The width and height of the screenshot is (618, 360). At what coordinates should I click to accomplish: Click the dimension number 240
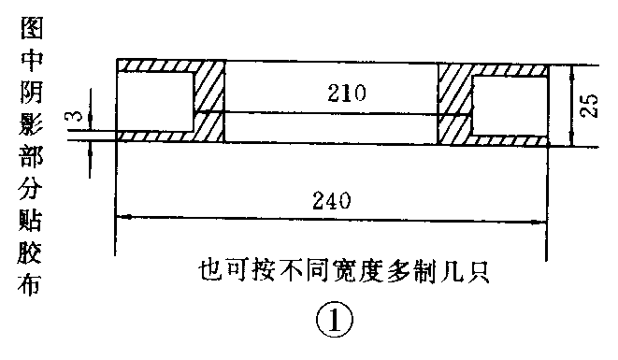pos(332,200)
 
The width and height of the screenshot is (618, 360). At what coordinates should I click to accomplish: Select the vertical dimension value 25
pos(589,105)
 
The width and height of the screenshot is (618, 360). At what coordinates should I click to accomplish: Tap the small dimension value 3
pos(74,118)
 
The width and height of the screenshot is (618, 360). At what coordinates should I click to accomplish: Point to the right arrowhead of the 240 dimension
pos(541,222)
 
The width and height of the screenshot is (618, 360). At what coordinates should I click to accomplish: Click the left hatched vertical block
pos(209,103)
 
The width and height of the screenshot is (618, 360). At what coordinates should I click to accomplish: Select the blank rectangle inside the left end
pos(154,103)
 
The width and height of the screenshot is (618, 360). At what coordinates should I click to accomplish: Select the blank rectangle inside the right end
pos(510,103)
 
